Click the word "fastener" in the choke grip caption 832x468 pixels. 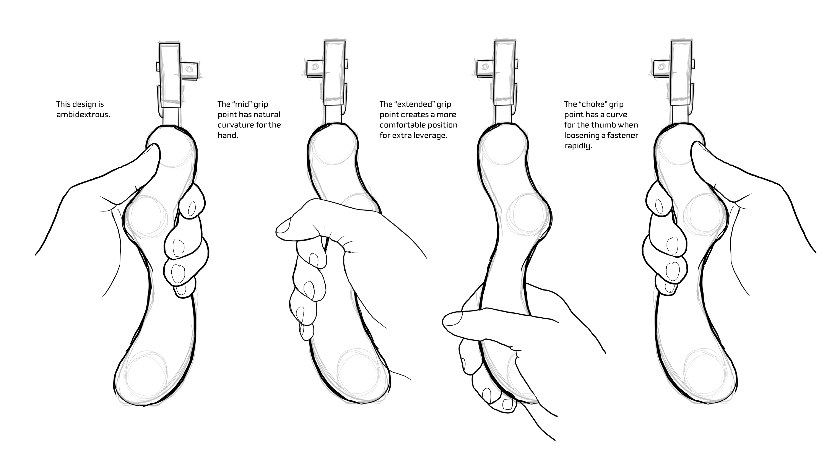click(622, 135)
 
